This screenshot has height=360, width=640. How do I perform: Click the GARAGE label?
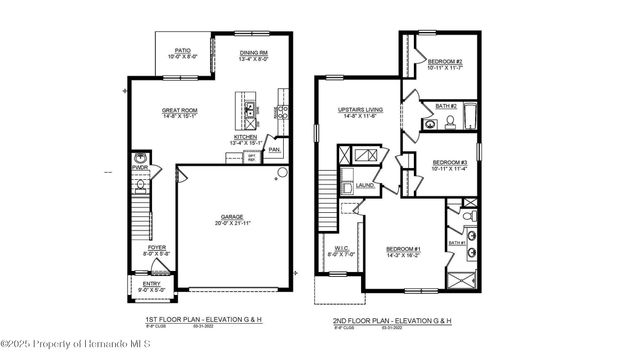pos(233,216)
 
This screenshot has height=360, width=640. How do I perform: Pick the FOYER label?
pos(158,247)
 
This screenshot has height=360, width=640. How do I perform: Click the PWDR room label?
pos(140,169)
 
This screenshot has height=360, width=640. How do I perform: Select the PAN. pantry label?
pos(273,150)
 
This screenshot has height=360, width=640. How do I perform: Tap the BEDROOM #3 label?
pos(449,162)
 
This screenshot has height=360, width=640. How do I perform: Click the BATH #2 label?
pos(446,106)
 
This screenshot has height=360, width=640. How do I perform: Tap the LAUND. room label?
pos(365,185)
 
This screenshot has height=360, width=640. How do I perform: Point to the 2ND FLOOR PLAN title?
pos(391,320)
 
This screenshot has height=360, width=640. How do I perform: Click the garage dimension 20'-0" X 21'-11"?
pos(233,223)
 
